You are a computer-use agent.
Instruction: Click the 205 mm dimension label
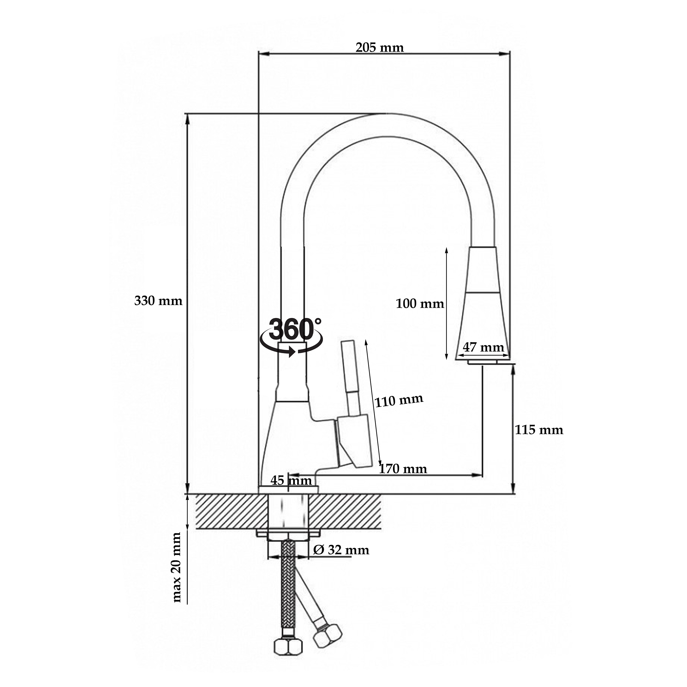[x=380, y=47]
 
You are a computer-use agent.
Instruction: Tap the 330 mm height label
[x=158, y=301]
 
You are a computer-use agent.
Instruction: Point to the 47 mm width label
[x=483, y=347]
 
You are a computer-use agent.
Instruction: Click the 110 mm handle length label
[x=399, y=400]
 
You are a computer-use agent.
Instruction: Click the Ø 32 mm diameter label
[x=341, y=550]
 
